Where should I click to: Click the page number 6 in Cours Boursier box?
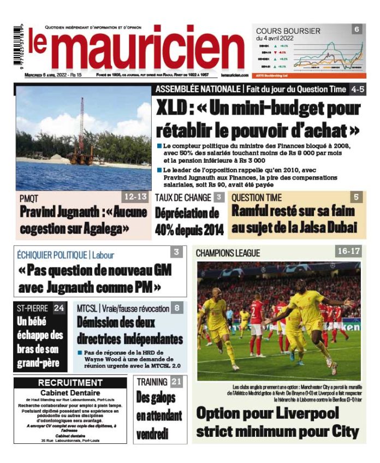357,29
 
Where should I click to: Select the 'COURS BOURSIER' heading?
288,31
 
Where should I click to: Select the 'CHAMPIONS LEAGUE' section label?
228,253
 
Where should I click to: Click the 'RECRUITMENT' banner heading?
70,382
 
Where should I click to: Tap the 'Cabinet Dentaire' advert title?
70,393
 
